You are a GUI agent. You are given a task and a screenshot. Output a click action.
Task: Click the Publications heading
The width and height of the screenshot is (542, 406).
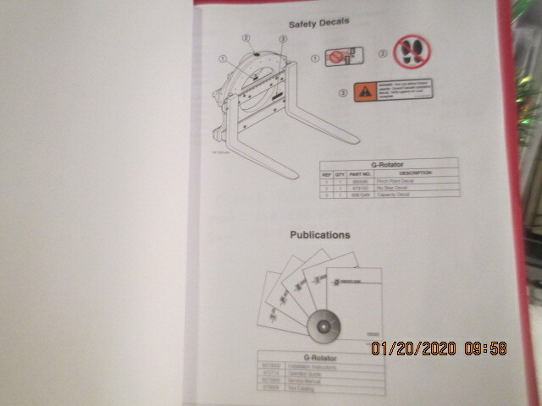(320, 234)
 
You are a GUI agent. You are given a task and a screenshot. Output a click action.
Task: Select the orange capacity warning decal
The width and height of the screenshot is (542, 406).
(393, 88)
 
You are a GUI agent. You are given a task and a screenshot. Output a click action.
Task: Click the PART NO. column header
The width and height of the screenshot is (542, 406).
(361, 174)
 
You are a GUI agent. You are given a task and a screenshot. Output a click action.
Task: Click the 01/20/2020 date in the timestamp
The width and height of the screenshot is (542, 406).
(412, 348)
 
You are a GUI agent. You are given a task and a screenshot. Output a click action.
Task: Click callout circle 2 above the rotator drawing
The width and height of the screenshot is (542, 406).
(246, 38)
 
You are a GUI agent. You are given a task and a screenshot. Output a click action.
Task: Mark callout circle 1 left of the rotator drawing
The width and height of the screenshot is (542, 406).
(223, 59)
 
